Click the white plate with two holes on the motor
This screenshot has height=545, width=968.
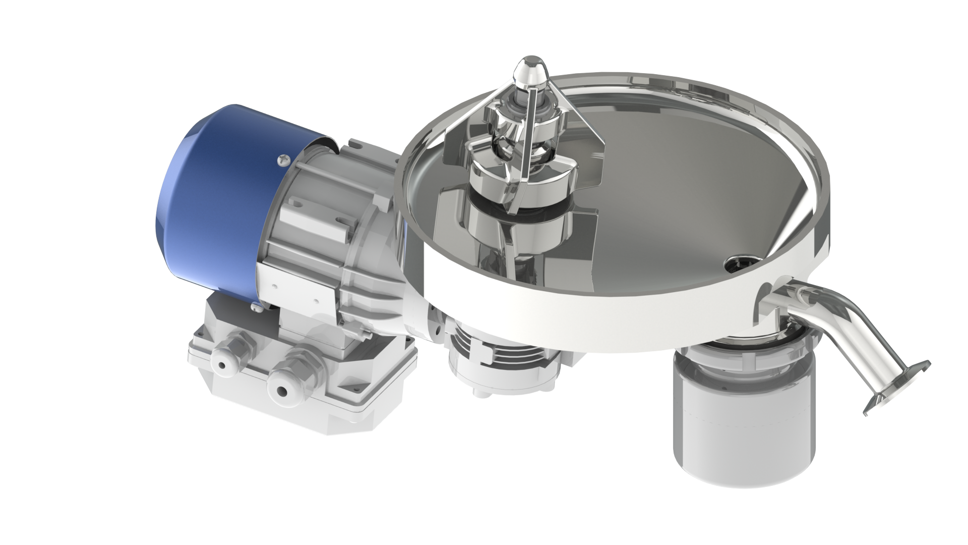(297, 290)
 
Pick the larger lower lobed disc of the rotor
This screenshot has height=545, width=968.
(519, 167)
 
